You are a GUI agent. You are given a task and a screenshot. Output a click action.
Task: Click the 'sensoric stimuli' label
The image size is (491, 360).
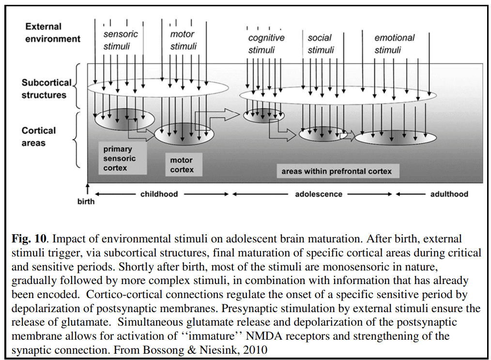coord(121,40)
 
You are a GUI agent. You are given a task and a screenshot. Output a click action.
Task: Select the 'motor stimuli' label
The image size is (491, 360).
coord(183,40)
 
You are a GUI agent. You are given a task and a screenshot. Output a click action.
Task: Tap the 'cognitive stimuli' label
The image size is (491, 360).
coord(266,44)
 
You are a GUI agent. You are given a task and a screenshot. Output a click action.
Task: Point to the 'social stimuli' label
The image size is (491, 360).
coord(320,44)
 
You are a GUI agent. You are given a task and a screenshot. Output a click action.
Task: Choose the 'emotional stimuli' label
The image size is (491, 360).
coord(394,44)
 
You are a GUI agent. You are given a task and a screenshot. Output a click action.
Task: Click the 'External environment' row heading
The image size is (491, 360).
coord(52,32)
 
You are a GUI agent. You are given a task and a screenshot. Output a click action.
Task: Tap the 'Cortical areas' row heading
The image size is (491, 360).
coord(38,136)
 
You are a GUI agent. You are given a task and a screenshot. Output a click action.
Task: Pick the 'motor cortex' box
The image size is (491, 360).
coord(182,165)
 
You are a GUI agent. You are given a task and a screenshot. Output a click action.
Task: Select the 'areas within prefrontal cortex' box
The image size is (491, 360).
coord(337,171)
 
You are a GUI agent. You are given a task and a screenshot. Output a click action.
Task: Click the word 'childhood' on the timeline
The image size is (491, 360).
coord(159,194)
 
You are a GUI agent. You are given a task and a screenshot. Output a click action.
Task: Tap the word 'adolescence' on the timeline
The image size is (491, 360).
coord(319,194)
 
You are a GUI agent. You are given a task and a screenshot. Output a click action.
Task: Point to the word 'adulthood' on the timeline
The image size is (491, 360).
coord(449,194)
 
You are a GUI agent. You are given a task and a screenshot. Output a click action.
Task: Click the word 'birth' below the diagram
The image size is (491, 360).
coord(86,201)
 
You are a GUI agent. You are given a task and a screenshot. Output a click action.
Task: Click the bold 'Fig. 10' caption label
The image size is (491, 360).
coord(29,239)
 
